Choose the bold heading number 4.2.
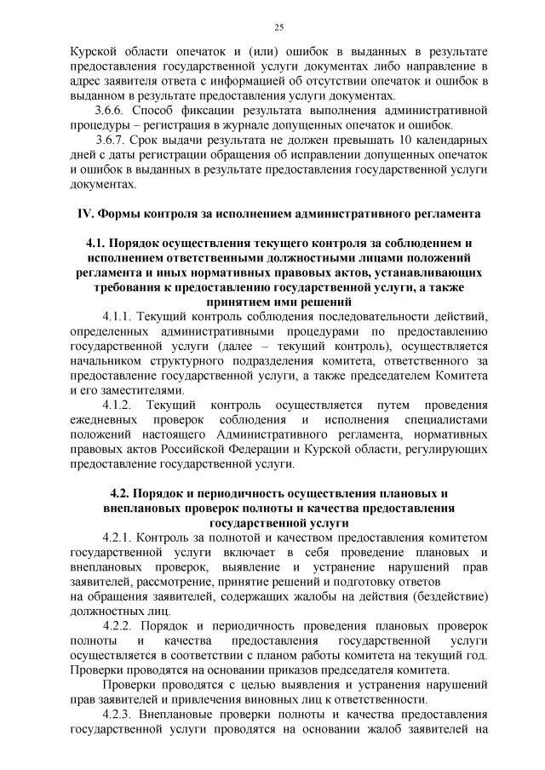coord(122,493)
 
